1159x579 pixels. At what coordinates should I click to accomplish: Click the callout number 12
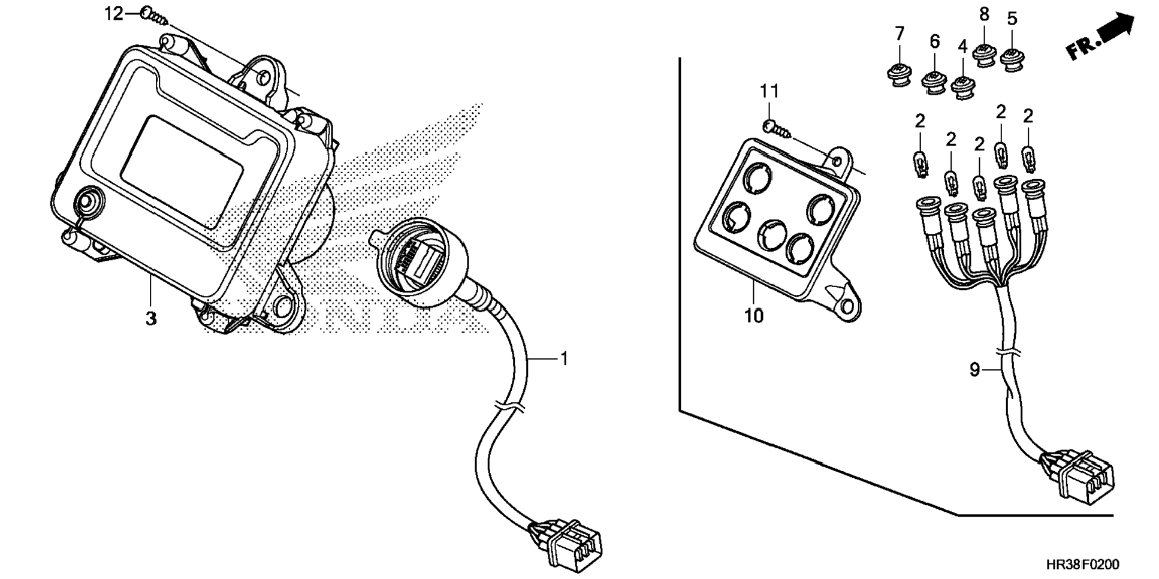pyautogui.click(x=113, y=13)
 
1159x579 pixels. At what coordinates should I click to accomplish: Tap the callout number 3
pyautogui.click(x=151, y=318)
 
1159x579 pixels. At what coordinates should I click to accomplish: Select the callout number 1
pyautogui.click(x=563, y=358)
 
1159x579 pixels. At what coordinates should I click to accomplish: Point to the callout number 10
pyautogui.click(x=754, y=315)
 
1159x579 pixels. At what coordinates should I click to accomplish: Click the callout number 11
pyautogui.click(x=769, y=92)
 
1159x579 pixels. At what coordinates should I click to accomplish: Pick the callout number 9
pyautogui.click(x=974, y=370)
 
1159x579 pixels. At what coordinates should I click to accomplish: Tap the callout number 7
pyautogui.click(x=899, y=34)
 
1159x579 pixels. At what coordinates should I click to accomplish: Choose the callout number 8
pyautogui.click(x=984, y=14)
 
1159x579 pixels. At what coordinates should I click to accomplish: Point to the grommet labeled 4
pyautogui.click(x=962, y=86)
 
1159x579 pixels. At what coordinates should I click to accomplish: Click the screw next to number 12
pyautogui.click(x=155, y=17)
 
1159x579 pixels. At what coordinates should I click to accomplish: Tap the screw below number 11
pyautogui.click(x=777, y=128)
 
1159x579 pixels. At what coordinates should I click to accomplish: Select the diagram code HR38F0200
pyautogui.click(x=1082, y=564)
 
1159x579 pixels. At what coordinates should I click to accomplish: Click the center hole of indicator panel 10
pyautogui.click(x=772, y=234)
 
